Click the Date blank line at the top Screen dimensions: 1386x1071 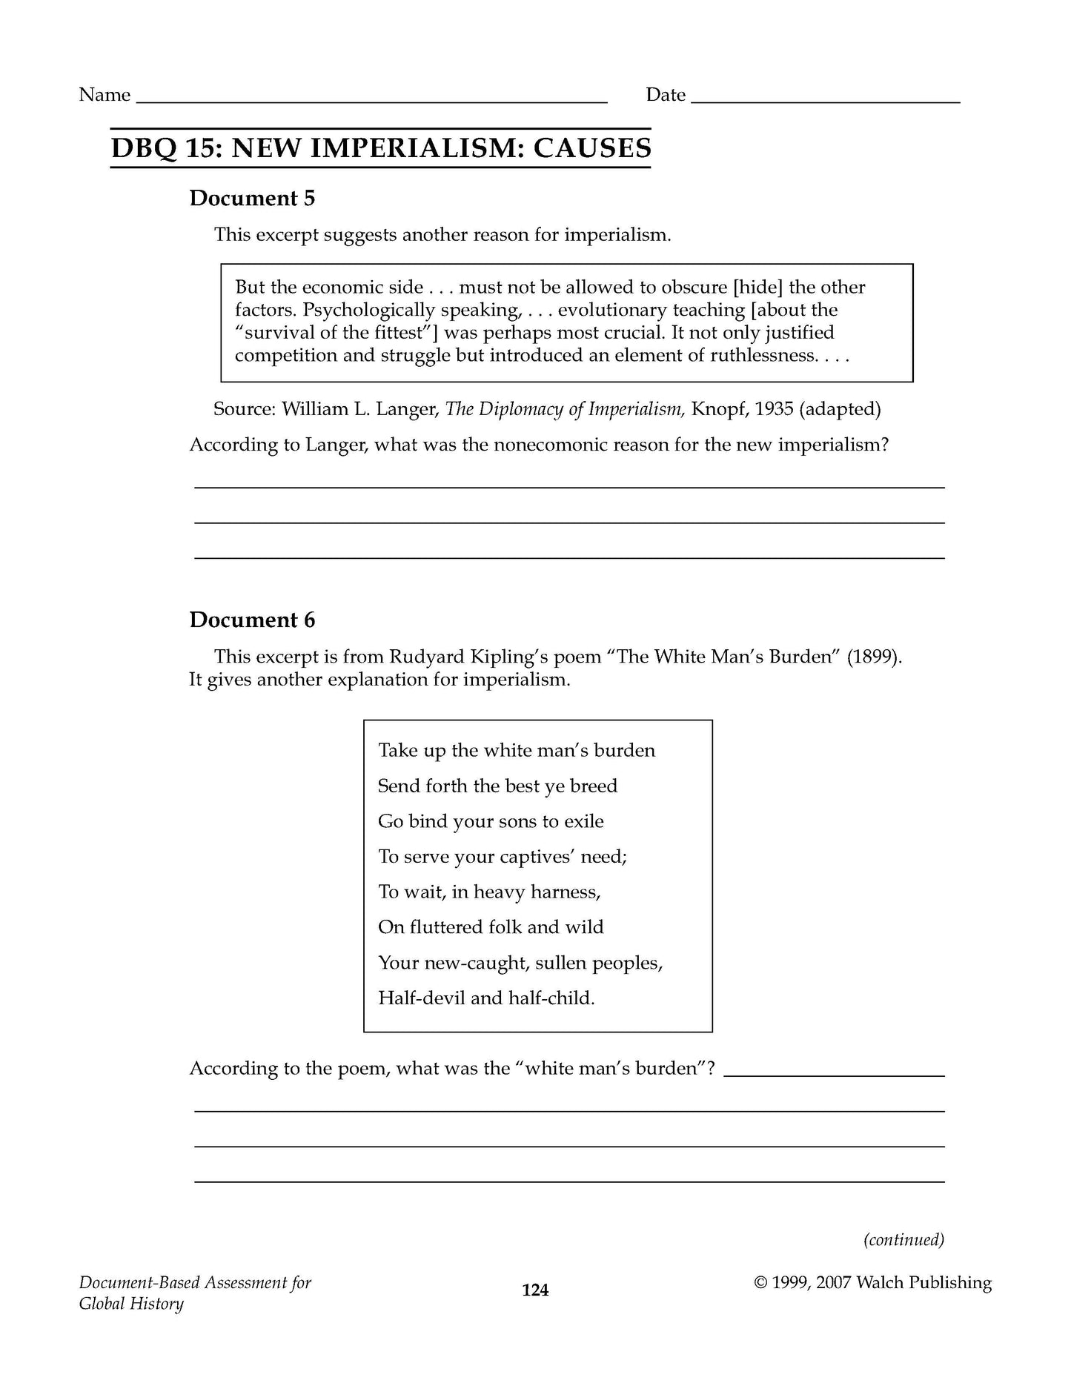click(825, 100)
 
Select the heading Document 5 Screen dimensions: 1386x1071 click(252, 199)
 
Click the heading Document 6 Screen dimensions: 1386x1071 click(252, 620)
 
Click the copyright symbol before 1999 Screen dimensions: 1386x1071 click(760, 1283)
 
